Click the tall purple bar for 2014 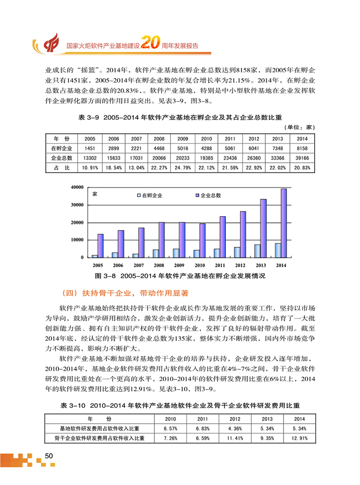284,223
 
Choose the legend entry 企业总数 211,196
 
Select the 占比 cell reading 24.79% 182,168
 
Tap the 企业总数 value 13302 90,158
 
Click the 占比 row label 61,168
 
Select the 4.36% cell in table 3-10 235,428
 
